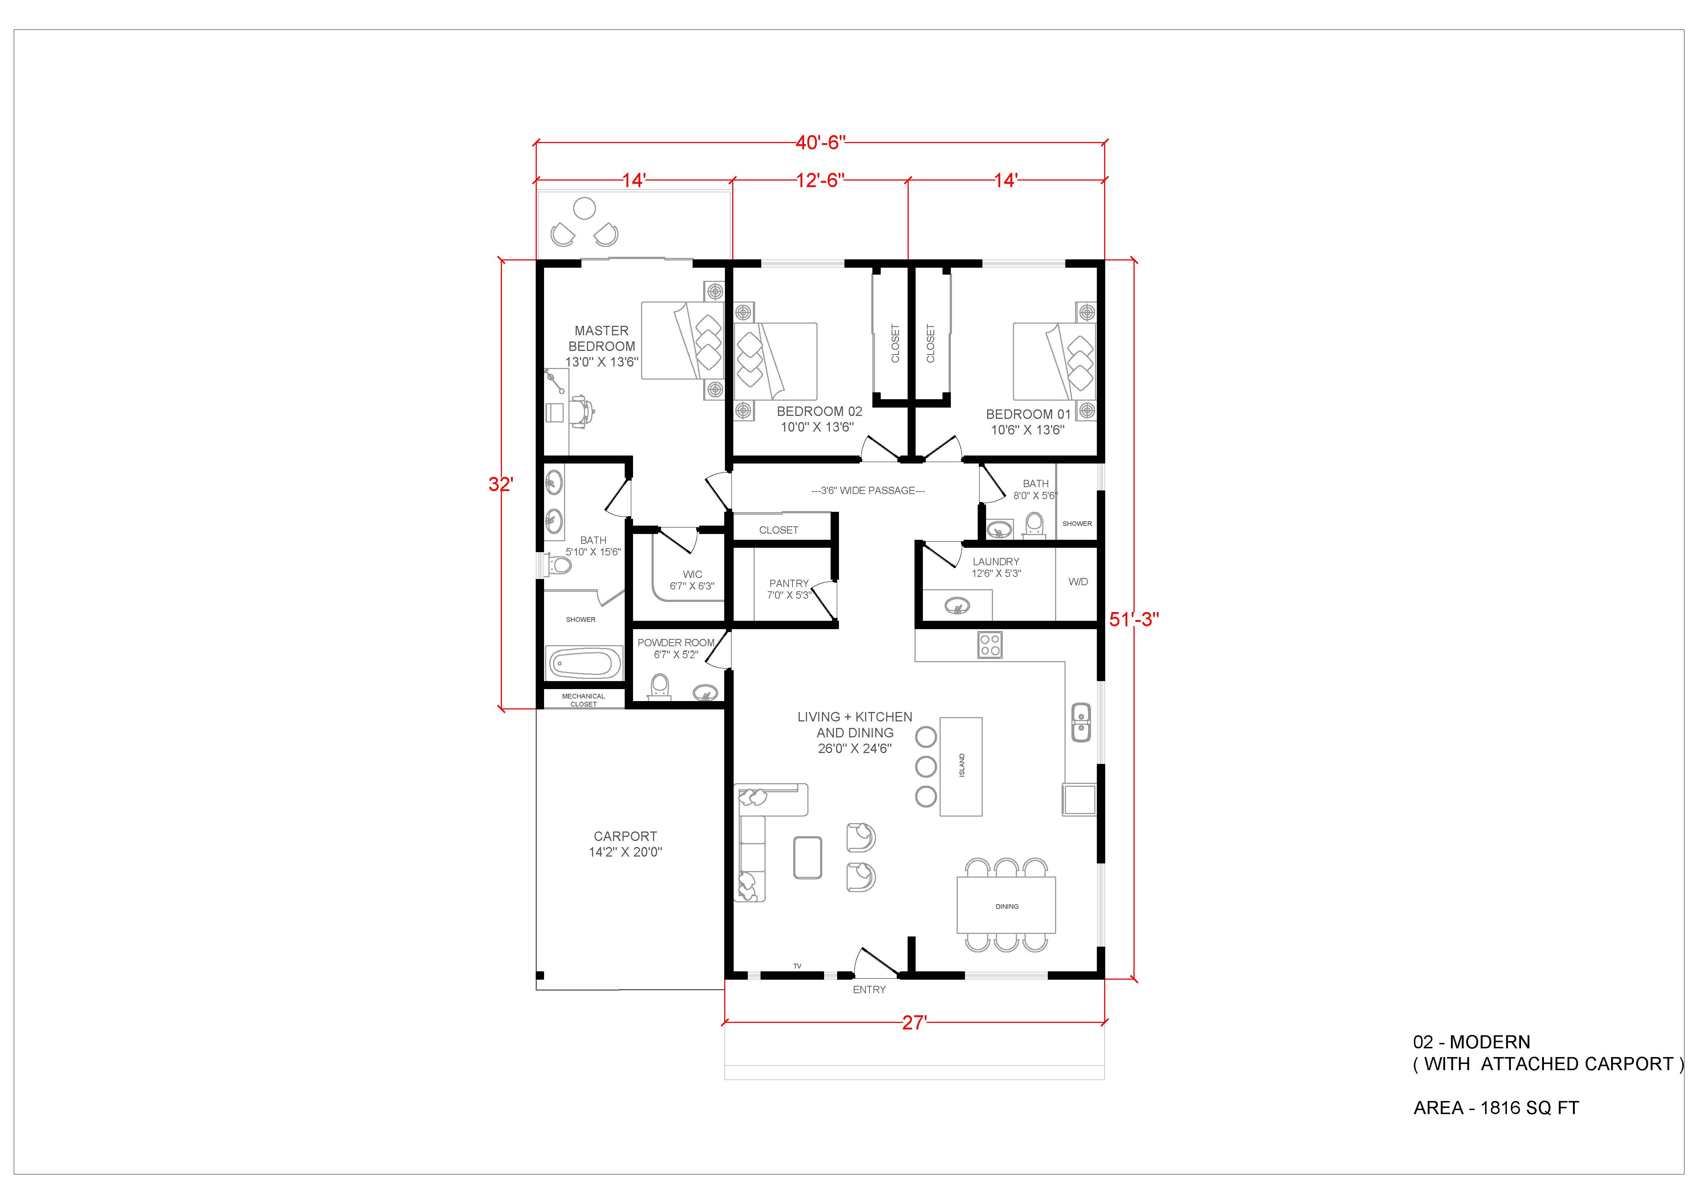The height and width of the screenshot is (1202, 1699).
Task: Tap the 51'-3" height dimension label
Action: tap(1134, 619)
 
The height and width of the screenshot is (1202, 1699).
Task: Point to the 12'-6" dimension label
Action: tap(820, 181)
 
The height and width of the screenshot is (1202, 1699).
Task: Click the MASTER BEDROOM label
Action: tap(601, 338)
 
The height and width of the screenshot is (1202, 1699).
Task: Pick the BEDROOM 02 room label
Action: tap(819, 412)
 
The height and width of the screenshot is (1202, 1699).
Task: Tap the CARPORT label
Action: tap(625, 836)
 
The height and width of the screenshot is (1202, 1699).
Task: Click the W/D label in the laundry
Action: tap(1078, 582)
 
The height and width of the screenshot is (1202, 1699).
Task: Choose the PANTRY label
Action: tap(789, 583)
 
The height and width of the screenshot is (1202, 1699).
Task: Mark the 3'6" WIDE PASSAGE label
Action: tap(868, 491)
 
